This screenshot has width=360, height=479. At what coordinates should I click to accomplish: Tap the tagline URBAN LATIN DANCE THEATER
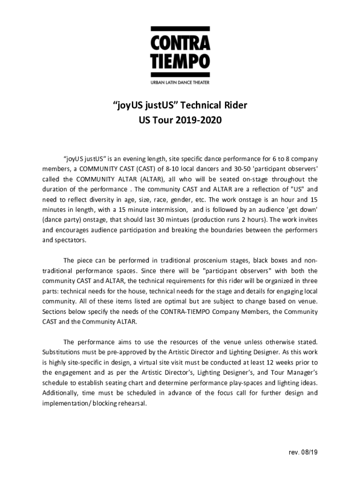(x=180, y=82)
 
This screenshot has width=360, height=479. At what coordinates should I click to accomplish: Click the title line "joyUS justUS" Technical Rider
(x=180, y=105)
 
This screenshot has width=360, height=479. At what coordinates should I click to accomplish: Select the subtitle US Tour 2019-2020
(x=180, y=121)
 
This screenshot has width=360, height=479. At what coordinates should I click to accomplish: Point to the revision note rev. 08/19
(x=303, y=452)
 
